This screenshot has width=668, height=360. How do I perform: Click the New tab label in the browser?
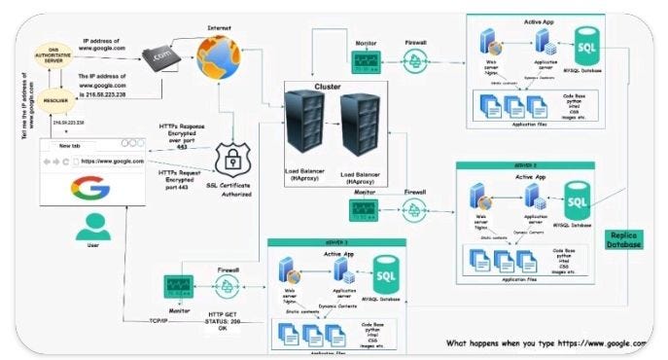[73, 145]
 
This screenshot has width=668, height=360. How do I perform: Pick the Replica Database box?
[622, 239]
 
